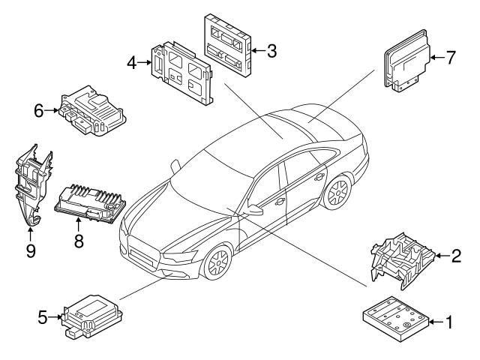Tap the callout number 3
tap(271, 51)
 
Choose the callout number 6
tap(38, 110)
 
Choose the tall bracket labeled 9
tap(31, 184)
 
